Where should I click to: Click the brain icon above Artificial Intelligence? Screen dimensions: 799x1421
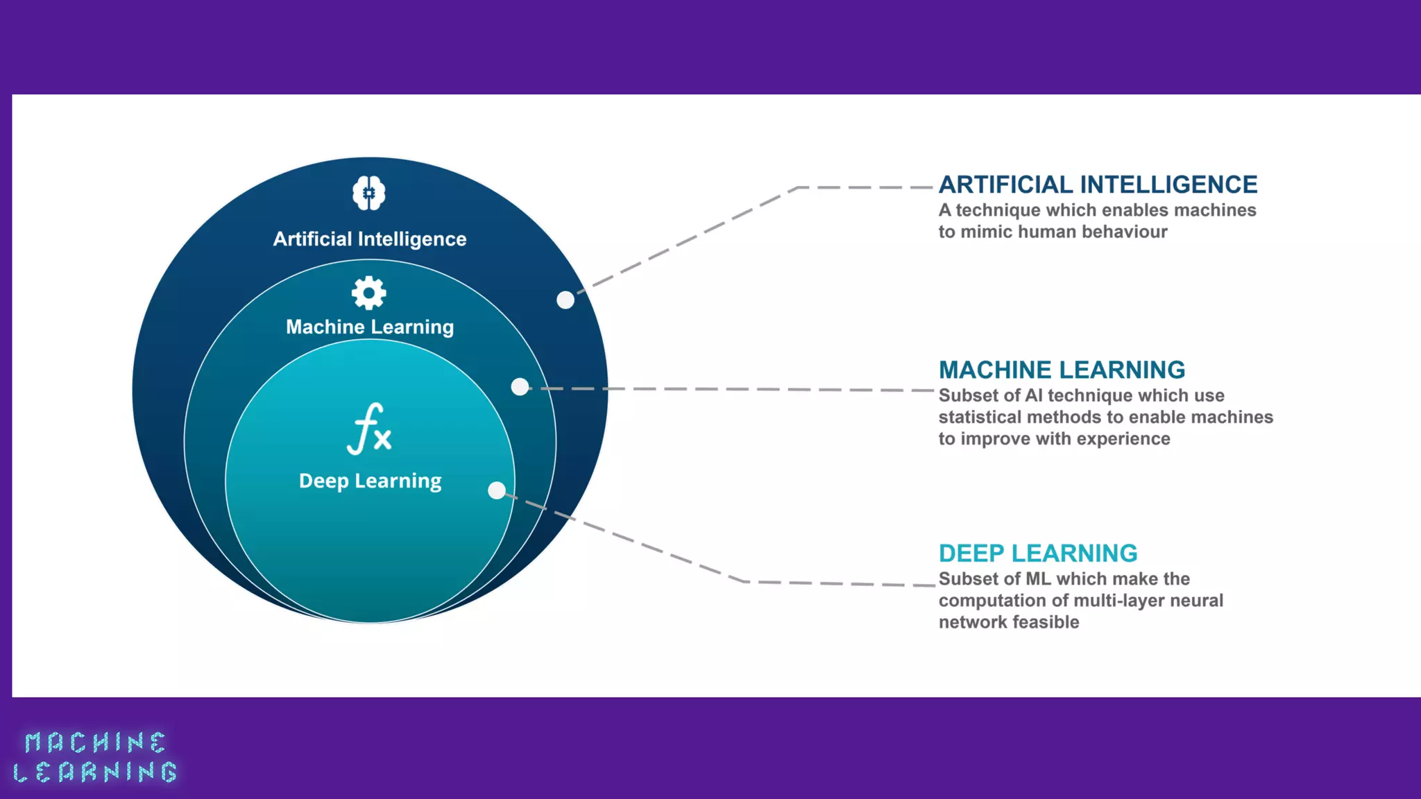pyautogui.click(x=368, y=193)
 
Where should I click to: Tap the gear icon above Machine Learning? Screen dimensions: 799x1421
pyautogui.click(x=368, y=293)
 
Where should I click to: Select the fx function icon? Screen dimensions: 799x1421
pyautogui.click(x=369, y=429)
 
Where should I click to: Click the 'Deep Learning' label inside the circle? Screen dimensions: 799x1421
pyautogui.click(x=370, y=481)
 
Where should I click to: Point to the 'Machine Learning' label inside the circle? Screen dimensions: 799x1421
pyautogui.click(x=370, y=327)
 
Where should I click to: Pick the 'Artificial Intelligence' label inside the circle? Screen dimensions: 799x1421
pyautogui.click(x=370, y=239)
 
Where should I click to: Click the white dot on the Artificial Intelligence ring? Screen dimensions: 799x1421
pyautogui.click(x=565, y=300)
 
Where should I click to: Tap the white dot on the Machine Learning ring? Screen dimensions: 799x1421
pyautogui.click(x=520, y=386)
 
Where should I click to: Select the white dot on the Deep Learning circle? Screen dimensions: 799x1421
pyautogui.click(x=497, y=490)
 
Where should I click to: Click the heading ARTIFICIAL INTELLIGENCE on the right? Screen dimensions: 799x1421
pyautogui.click(x=1098, y=184)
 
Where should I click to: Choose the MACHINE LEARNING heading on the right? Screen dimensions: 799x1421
pyautogui.click(x=1062, y=370)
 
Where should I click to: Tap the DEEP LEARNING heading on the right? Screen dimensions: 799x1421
pyautogui.click(x=1038, y=553)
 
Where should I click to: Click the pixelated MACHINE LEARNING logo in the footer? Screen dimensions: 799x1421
pyautogui.click(x=95, y=757)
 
